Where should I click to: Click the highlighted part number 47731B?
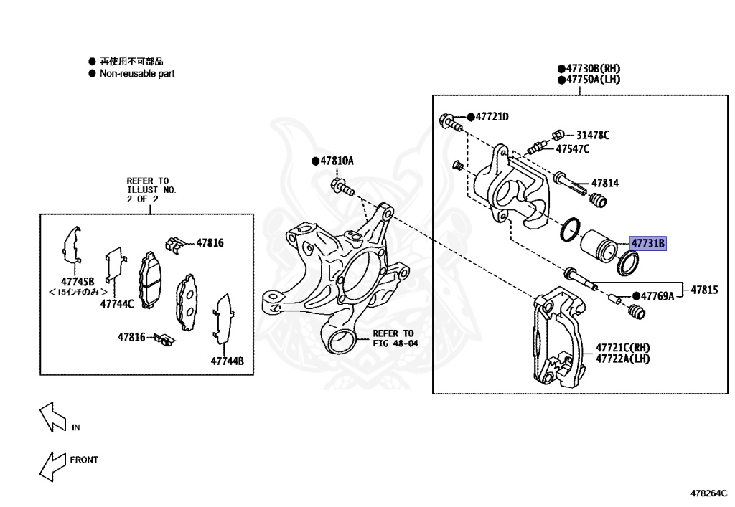(648, 244)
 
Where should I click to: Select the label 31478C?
(592, 134)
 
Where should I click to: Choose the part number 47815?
(704, 290)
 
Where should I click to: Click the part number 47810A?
(337, 161)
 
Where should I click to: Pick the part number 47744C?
(117, 303)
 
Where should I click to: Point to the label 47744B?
(228, 361)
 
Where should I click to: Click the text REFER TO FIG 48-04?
(394, 338)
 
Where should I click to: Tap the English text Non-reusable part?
(136, 73)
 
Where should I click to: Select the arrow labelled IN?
(52, 418)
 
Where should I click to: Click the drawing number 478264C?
(708, 493)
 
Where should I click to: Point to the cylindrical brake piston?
(598, 246)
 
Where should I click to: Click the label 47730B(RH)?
(592, 68)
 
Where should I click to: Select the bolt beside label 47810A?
(342, 187)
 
